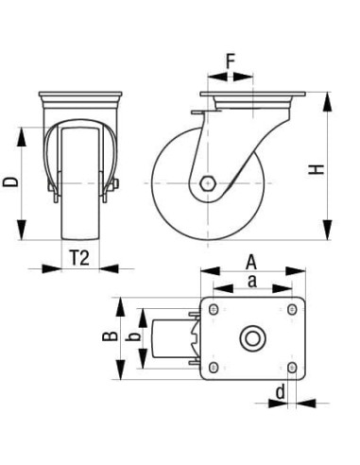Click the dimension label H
click(x=317, y=168)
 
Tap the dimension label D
click(x=10, y=180)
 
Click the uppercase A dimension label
click(x=251, y=260)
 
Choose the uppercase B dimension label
click(x=110, y=337)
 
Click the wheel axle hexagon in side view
click(x=208, y=181)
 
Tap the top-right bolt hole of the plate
click(x=291, y=310)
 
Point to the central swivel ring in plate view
click(x=252, y=338)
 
